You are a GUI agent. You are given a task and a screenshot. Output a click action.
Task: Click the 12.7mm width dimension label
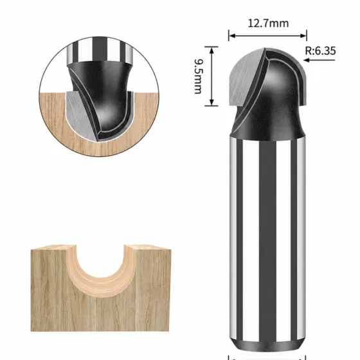pos(268,23)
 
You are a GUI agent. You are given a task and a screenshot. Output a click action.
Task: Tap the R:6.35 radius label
pos(320,51)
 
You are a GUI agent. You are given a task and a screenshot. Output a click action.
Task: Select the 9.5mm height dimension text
pos(198,76)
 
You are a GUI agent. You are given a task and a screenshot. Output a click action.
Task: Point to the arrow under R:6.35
pos(319,60)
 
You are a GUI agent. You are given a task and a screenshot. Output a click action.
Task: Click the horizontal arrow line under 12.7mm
pos(267,35)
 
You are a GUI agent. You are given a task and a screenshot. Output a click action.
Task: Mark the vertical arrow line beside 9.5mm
pos(212,76)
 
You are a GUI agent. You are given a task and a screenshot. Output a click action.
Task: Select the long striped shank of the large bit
pos(267,239)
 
